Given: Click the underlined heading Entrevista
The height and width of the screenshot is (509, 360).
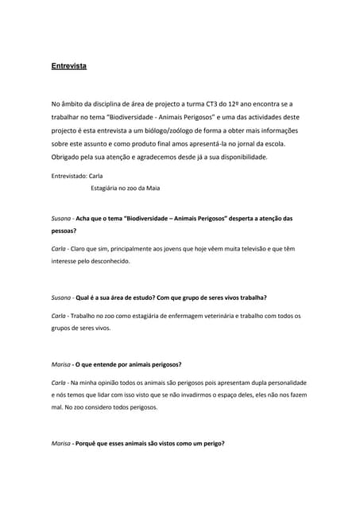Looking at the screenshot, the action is (x=69, y=66).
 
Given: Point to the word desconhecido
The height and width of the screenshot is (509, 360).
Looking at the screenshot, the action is (x=107, y=261).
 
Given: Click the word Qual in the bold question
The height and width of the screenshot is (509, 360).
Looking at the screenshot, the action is (x=83, y=297).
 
